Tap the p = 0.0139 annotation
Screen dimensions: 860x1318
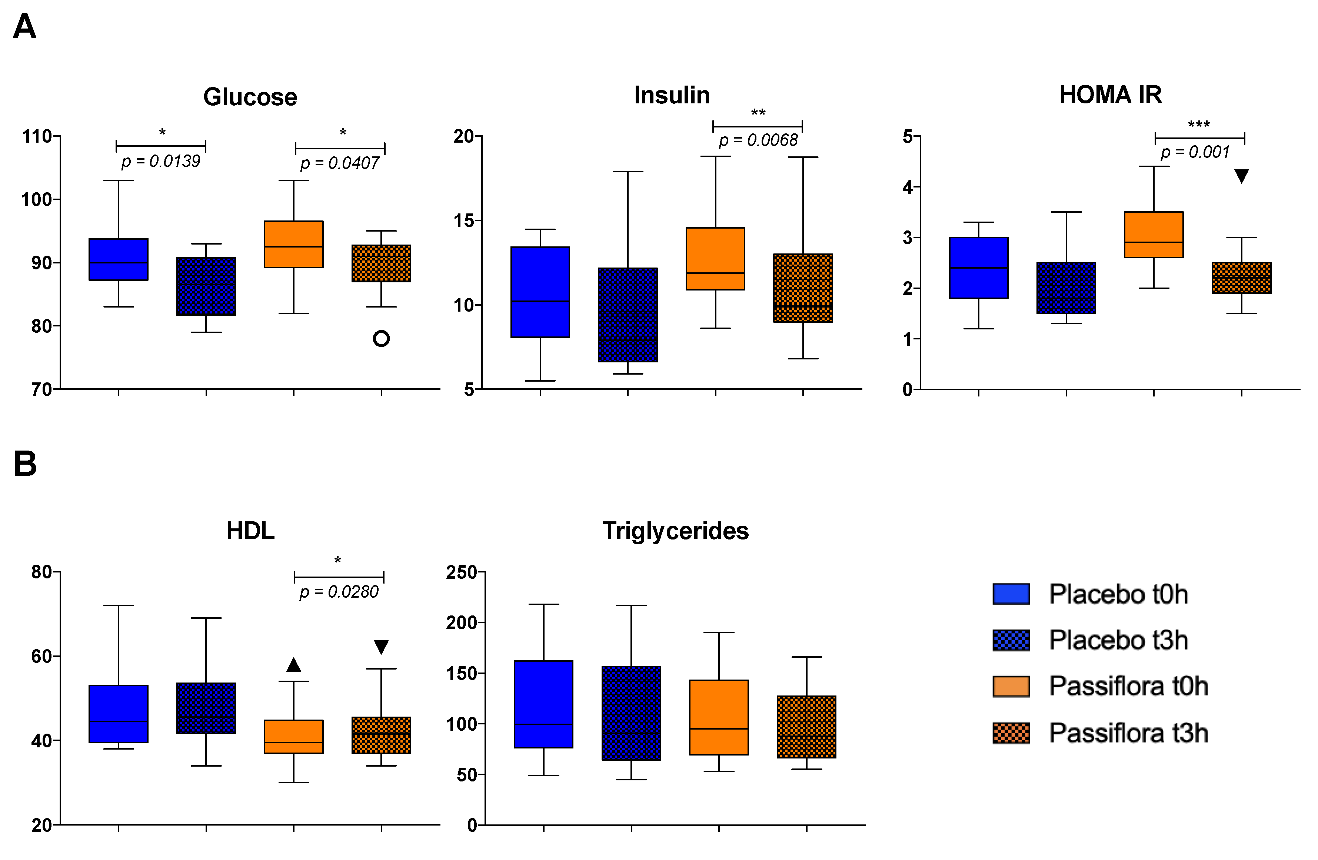pyautogui.click(x=161, y=162)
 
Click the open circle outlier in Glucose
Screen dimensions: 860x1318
pyautogui.click(x=381, y=338)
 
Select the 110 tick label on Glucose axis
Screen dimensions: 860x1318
pyautogui.click(x=37, y=136)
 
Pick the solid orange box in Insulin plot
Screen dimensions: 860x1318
pyautogui.click(x=715, y=259)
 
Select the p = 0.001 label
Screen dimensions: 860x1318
pyautogui.click(x=1195, y=152)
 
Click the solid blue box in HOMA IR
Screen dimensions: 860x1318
pyautogui.click(x=979, y=268)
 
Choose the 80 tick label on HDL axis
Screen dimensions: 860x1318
pyautogui.click(x=41, y=572)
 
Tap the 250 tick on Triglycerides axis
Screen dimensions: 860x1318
pyautogui.click(x=462, y=572)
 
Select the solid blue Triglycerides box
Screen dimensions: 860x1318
pyautogui.click(x=543, y=704)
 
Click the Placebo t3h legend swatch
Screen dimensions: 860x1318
pyautogui.click(x=1011, y=640)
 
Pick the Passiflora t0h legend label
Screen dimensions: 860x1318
pyautogui.click(x=1128, y=687)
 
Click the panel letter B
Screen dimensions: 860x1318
pyautogui.click(x=25, y=464)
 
